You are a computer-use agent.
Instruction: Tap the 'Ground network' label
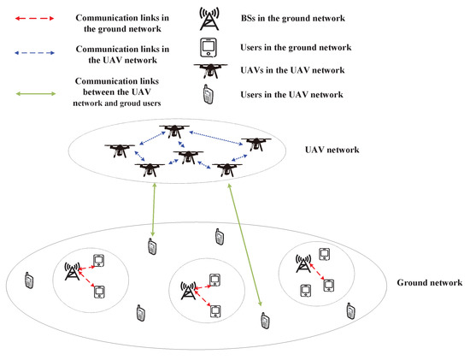click(430, 282)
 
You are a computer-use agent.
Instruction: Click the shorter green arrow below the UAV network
click(153, 209)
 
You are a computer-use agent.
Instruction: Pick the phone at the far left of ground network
click(28, 280)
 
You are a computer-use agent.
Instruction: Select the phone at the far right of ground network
click(350, 310)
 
